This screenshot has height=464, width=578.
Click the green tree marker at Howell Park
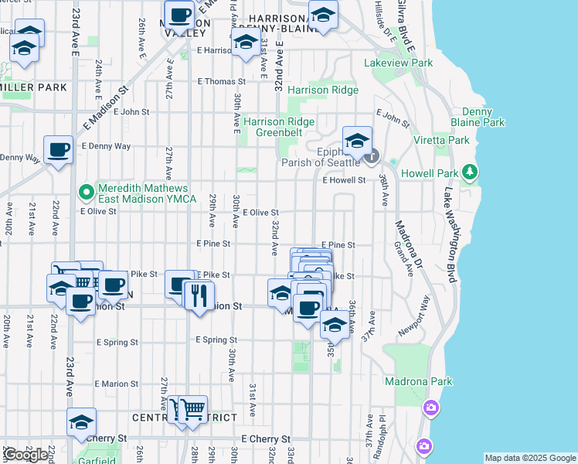click(468, 171)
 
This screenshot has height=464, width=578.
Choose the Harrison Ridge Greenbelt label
click(279, 127)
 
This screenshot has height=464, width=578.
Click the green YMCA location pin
click(86, 190)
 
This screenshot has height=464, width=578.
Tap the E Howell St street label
click(343, 180)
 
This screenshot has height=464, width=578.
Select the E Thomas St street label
click(222, 81)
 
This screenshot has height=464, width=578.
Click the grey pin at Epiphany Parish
click(372, 155)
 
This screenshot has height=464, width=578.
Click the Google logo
click(25, 455)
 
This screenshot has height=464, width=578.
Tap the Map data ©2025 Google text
click(529, 458)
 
